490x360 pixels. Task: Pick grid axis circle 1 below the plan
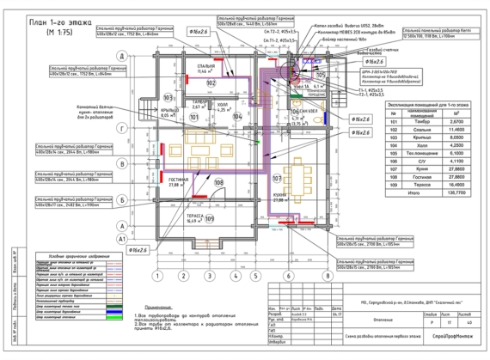(158, 276)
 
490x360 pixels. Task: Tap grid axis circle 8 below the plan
(328, 276)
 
